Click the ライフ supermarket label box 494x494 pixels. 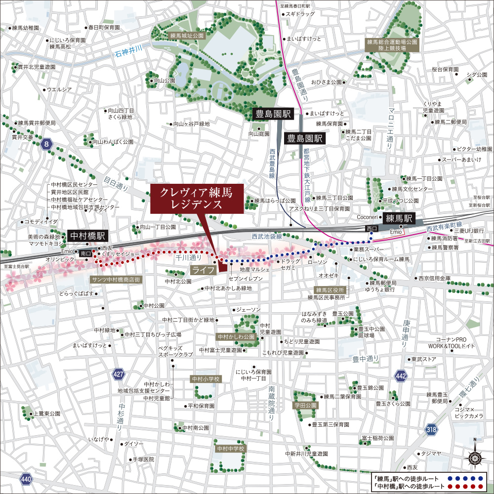203,270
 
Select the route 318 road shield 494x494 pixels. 431,429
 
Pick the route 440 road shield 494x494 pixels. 26,478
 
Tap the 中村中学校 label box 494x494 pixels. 231,449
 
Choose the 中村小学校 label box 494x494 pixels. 206,379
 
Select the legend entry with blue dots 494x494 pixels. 429,478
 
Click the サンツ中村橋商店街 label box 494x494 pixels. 117,279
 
